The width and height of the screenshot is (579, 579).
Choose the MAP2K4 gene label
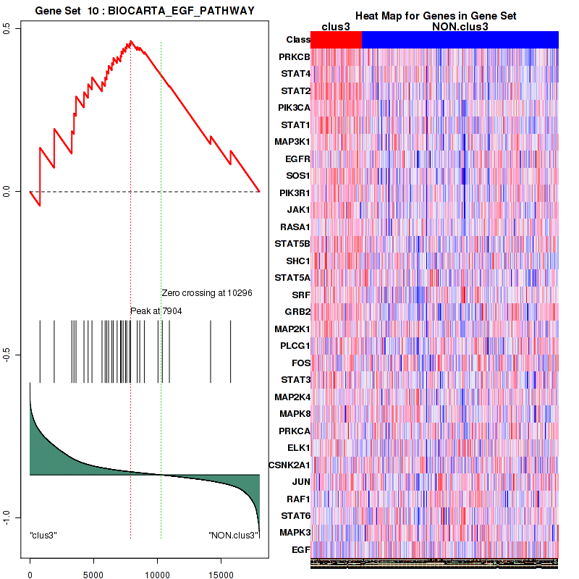pos(291,397)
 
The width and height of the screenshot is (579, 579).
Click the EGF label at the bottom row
pos(301,550)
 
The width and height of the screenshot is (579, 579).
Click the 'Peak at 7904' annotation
pos(156,311)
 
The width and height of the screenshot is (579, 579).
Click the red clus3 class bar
pos(336,40)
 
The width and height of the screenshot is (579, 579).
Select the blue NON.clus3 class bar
pos(460,40)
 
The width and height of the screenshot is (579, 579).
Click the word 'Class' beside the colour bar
pos(298,40)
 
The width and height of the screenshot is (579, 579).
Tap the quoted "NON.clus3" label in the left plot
pos(233,536)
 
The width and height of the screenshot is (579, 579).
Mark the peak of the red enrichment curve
pos(130,41)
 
